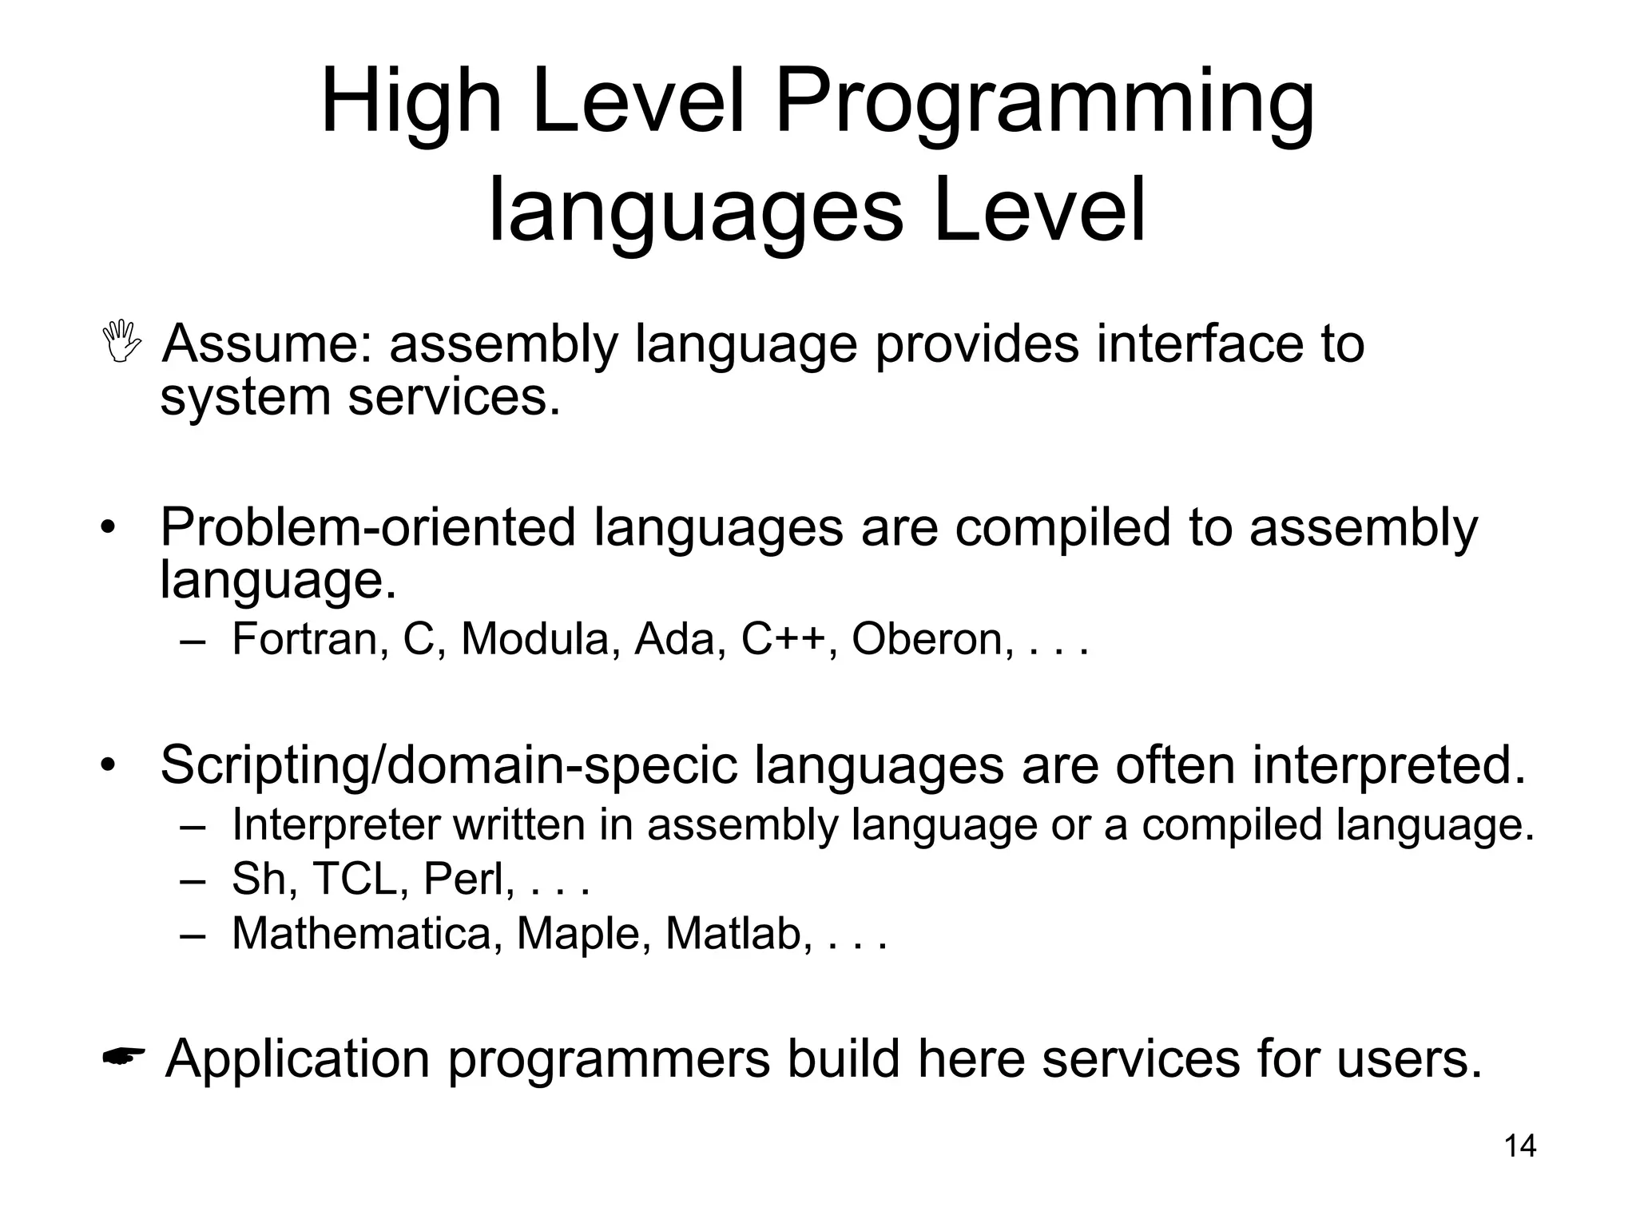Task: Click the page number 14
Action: pos(1519,1146)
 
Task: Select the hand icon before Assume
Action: pos(122,342)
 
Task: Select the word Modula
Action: pos(534,639)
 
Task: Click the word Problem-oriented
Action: pos(367,527)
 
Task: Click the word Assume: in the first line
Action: pos(267,343)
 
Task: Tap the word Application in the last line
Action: pos(297,1058)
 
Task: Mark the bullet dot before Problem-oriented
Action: pos(108,529)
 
